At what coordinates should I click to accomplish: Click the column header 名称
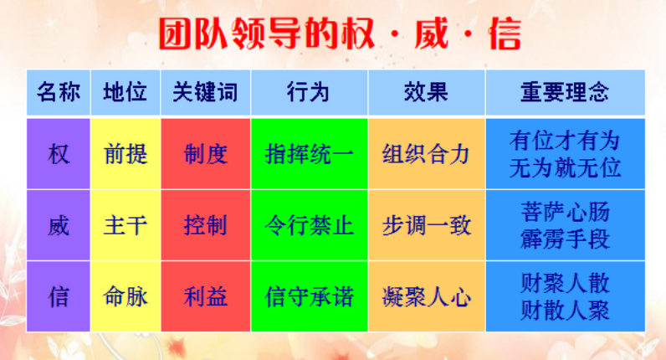pos(59,92)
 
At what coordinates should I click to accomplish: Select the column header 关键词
pos(205,92)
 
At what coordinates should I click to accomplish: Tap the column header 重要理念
pos(565,92)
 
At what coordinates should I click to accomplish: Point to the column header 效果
pos(426,92)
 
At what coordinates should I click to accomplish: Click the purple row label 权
pos(59,154)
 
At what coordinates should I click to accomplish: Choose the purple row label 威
pos(59,225)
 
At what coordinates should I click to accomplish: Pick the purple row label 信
pos(59,296)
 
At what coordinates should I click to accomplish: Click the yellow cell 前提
pos(126,154)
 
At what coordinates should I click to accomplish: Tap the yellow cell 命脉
pos(126,296)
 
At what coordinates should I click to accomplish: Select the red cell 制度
pos(205,154)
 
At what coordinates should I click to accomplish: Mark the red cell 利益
pos(205,296)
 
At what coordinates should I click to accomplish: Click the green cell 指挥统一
pos(310,154)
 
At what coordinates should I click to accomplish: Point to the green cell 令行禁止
pos(310,225)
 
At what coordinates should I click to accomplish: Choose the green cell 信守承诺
pos(310,296)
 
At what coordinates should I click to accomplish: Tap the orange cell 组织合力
pos(426,154)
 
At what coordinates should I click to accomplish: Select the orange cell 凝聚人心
pos(426,296)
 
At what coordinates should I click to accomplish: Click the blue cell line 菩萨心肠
pos(566,212)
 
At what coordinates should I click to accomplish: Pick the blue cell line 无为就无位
pos(566,168)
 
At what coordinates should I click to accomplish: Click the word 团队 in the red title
pos(193,33)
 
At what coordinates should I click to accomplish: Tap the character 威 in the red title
pos(432,33)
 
